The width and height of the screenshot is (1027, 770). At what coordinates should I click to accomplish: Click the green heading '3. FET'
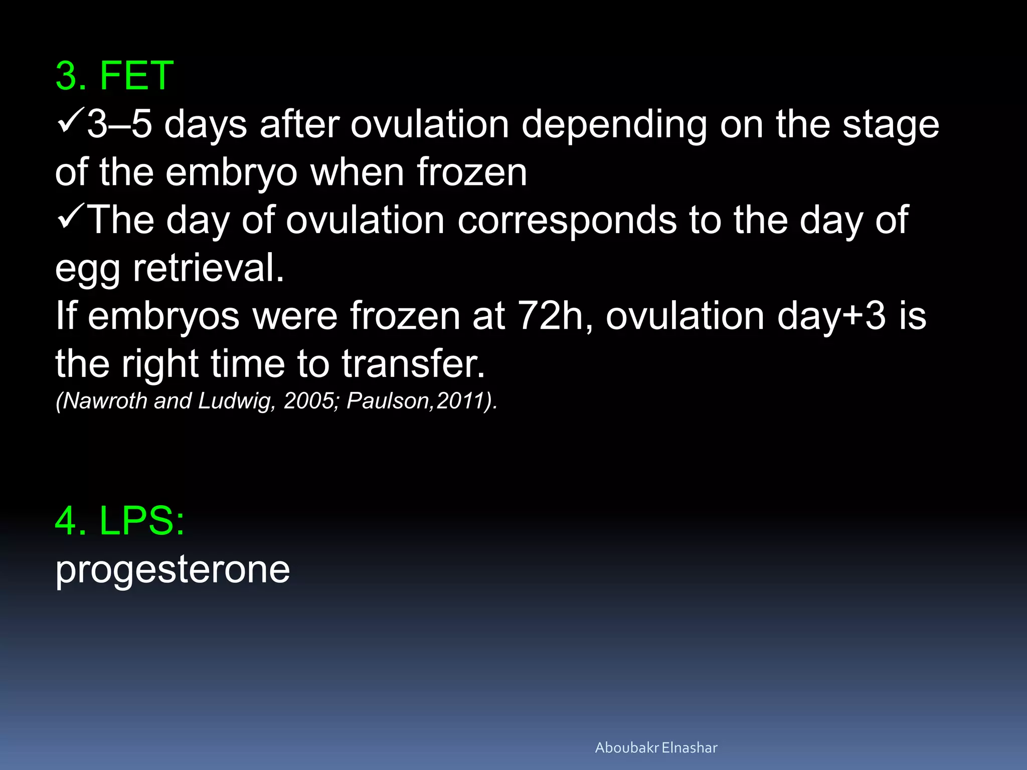pyautogui.click(x=114, y=76)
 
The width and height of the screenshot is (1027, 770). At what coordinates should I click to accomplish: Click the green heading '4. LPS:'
pyautogui.click(x=120, y=521)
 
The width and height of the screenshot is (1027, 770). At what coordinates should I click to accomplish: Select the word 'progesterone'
pyautogui.click(x=173, y=569)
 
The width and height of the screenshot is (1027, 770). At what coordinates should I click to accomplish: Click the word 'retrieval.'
pyautogui.click(x=209, y=268)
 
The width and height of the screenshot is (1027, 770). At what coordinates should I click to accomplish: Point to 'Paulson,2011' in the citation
pyautogui.click(x=416, y=401)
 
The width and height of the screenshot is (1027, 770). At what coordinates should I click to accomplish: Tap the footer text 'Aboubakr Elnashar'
pyautogui.click(x=656, y=747)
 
